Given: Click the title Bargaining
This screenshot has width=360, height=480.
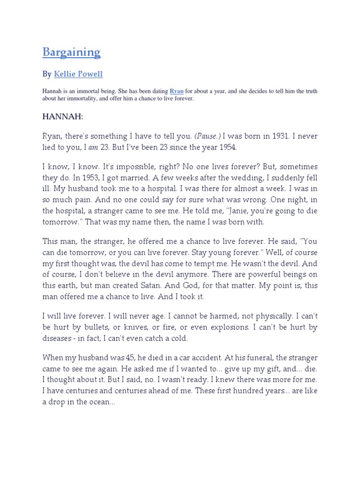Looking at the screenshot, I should pyautogui.click(x=71, y=52).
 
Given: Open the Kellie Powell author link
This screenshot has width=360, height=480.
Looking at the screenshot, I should pyautogui.click(x=78, y=74).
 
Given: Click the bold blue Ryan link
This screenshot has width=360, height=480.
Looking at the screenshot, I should pyautogui.click(x=176, y=91).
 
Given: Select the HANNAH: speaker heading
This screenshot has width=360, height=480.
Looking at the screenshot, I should pyautogui.click(x=62, y=116).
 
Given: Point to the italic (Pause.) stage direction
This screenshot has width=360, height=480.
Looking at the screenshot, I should pyautogui.click(x=206, y=136).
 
